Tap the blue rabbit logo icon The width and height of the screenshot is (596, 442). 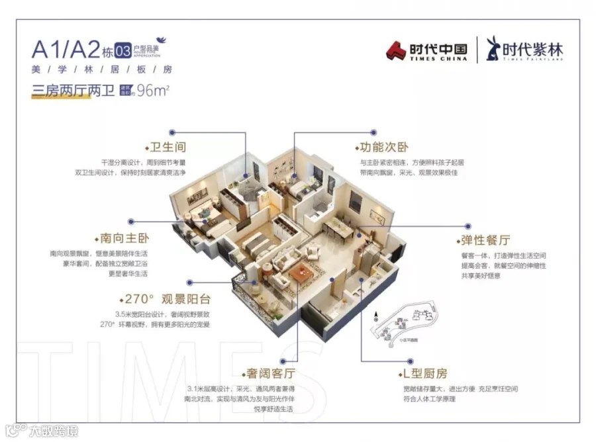493,49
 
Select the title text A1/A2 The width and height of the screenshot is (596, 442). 65,50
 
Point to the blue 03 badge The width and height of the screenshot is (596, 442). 123,50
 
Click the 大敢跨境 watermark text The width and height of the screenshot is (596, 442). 53,431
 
